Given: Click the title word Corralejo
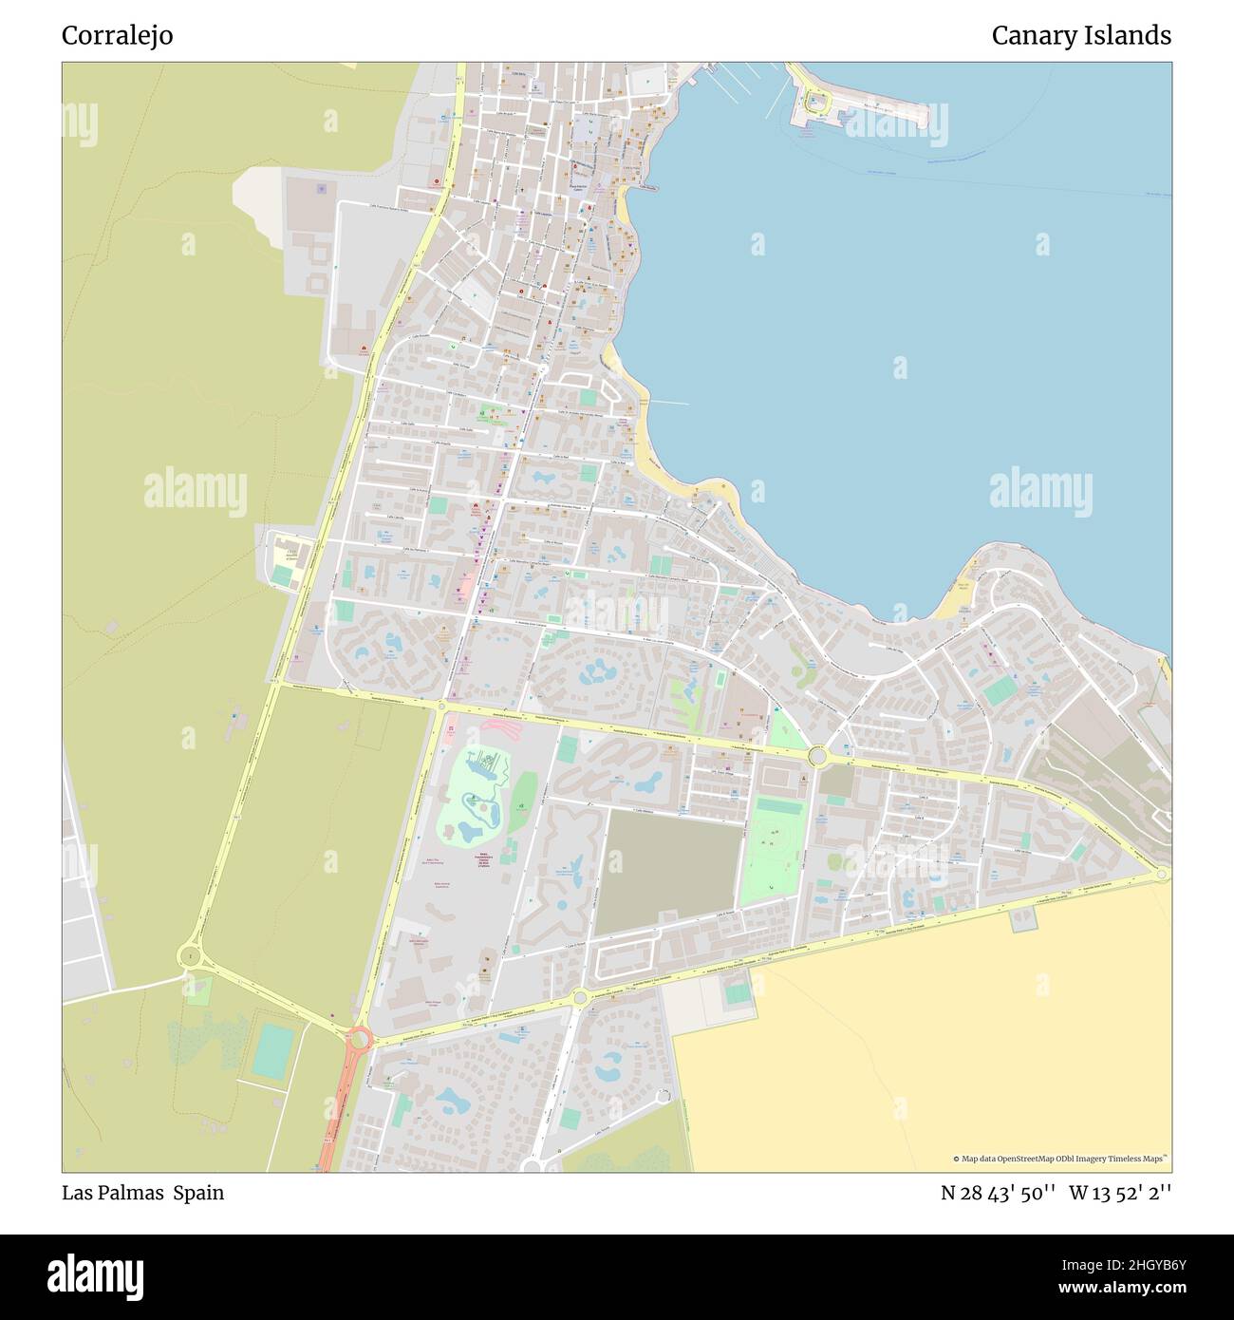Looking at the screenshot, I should tap(117, 36).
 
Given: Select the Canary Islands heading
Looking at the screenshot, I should tap(1080, 36).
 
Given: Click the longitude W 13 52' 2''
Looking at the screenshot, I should tap(1120, 1193).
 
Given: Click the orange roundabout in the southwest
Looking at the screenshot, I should tap(358, 1039).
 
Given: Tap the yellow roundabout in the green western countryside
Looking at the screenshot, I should tap(191, 955).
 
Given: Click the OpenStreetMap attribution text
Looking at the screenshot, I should tap(1061, 1159).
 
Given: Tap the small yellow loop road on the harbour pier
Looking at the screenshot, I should tap(814, 98).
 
